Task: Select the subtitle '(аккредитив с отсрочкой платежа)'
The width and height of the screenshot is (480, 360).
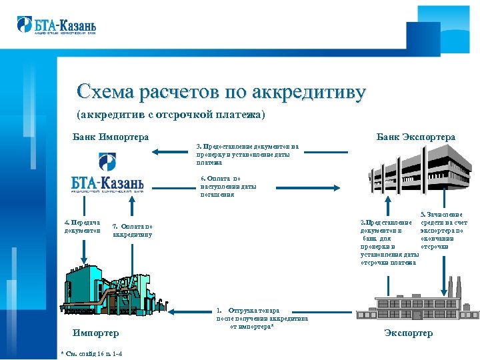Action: [171, 115]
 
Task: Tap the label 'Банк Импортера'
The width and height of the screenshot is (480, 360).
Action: [110, 137]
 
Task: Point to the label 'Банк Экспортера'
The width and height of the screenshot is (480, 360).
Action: [415, 137]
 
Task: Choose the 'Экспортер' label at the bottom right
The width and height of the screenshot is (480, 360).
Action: [409, 333]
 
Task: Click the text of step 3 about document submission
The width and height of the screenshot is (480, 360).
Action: [247, 154]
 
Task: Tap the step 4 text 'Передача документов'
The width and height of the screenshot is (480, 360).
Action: [82, 227]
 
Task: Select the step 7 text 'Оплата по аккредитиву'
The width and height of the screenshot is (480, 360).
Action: [133, 230]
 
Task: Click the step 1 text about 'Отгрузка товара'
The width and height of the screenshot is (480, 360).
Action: [252, 319]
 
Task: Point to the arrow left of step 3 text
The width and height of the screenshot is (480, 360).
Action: [170, 152]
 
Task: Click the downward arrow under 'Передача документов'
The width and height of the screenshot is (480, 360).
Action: [84, 253]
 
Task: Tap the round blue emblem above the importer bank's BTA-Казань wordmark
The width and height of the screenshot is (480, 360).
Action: [107, 162]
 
